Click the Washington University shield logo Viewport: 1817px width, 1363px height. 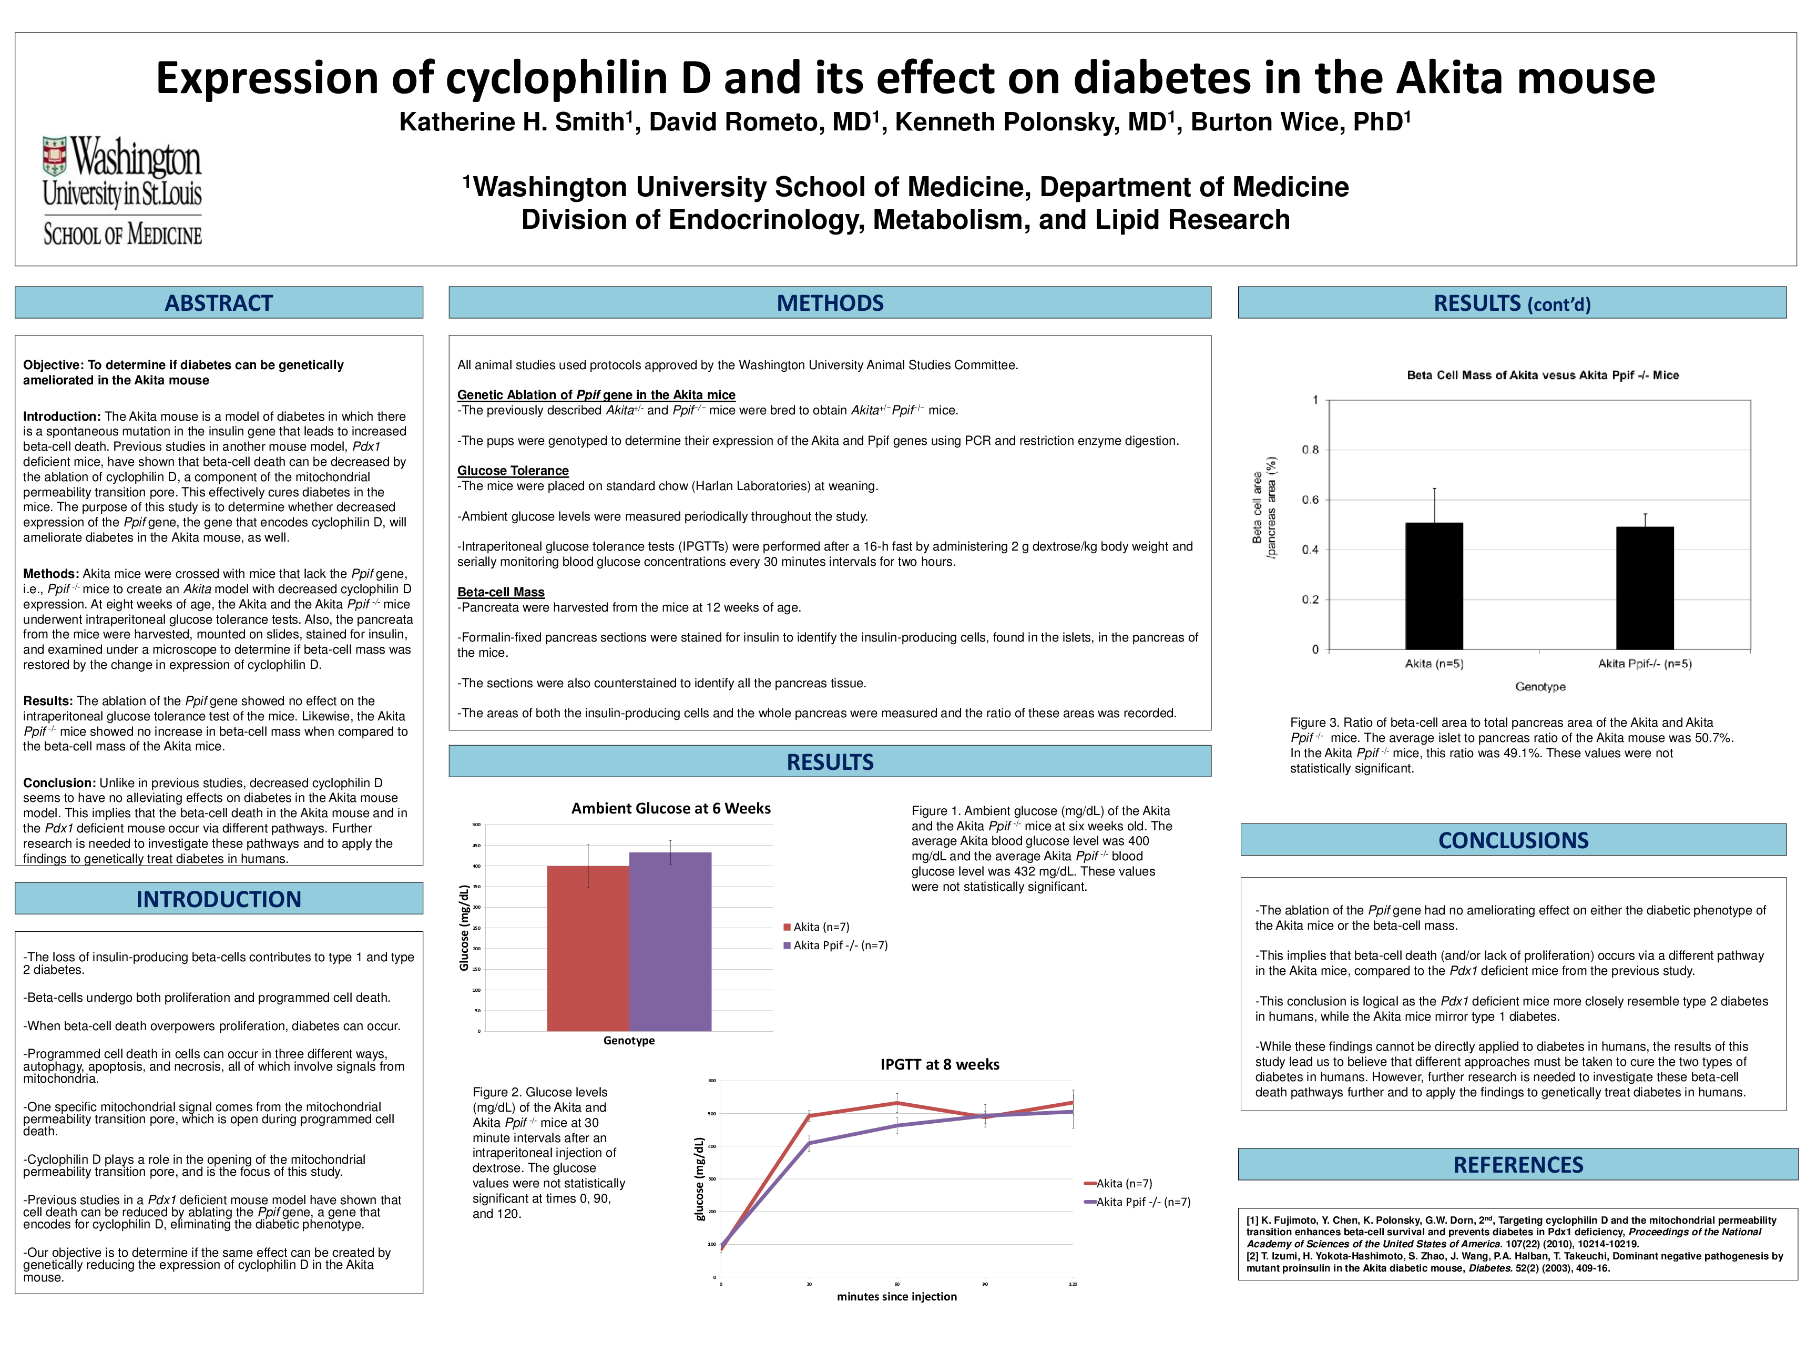coord(55,156)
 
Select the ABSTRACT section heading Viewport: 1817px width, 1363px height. coord(219,303)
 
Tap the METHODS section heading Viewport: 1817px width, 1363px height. coord(830,303)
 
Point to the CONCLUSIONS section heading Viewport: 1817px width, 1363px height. coord(1513,840)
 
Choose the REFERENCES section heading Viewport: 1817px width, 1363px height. coord(1518,1165)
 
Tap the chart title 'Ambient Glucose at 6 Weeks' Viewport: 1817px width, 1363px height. coord(671,808)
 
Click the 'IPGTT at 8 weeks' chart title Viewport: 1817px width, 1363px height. coord(940,1065)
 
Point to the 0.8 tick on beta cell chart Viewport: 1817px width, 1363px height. coord(1310,450)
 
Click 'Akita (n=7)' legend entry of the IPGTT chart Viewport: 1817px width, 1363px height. coord(1124,1184)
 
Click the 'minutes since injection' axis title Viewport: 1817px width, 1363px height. coord(896,1296)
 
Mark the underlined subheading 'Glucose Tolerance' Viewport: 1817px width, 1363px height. coord(513,471)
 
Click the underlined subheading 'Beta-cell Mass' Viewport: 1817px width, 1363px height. coord(500,592)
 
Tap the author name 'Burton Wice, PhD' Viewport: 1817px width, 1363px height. coord(1300,121)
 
